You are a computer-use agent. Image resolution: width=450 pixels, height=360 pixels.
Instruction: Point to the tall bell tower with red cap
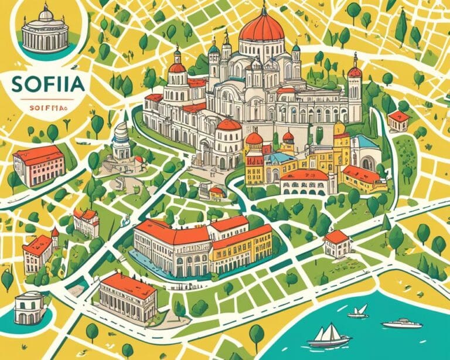(354, 88)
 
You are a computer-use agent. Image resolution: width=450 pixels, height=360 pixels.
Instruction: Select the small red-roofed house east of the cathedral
(399, 120)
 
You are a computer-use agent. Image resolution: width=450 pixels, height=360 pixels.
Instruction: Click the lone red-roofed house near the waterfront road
(336, 243)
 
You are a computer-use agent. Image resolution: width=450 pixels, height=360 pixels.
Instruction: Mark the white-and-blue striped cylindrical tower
(122, 141)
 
